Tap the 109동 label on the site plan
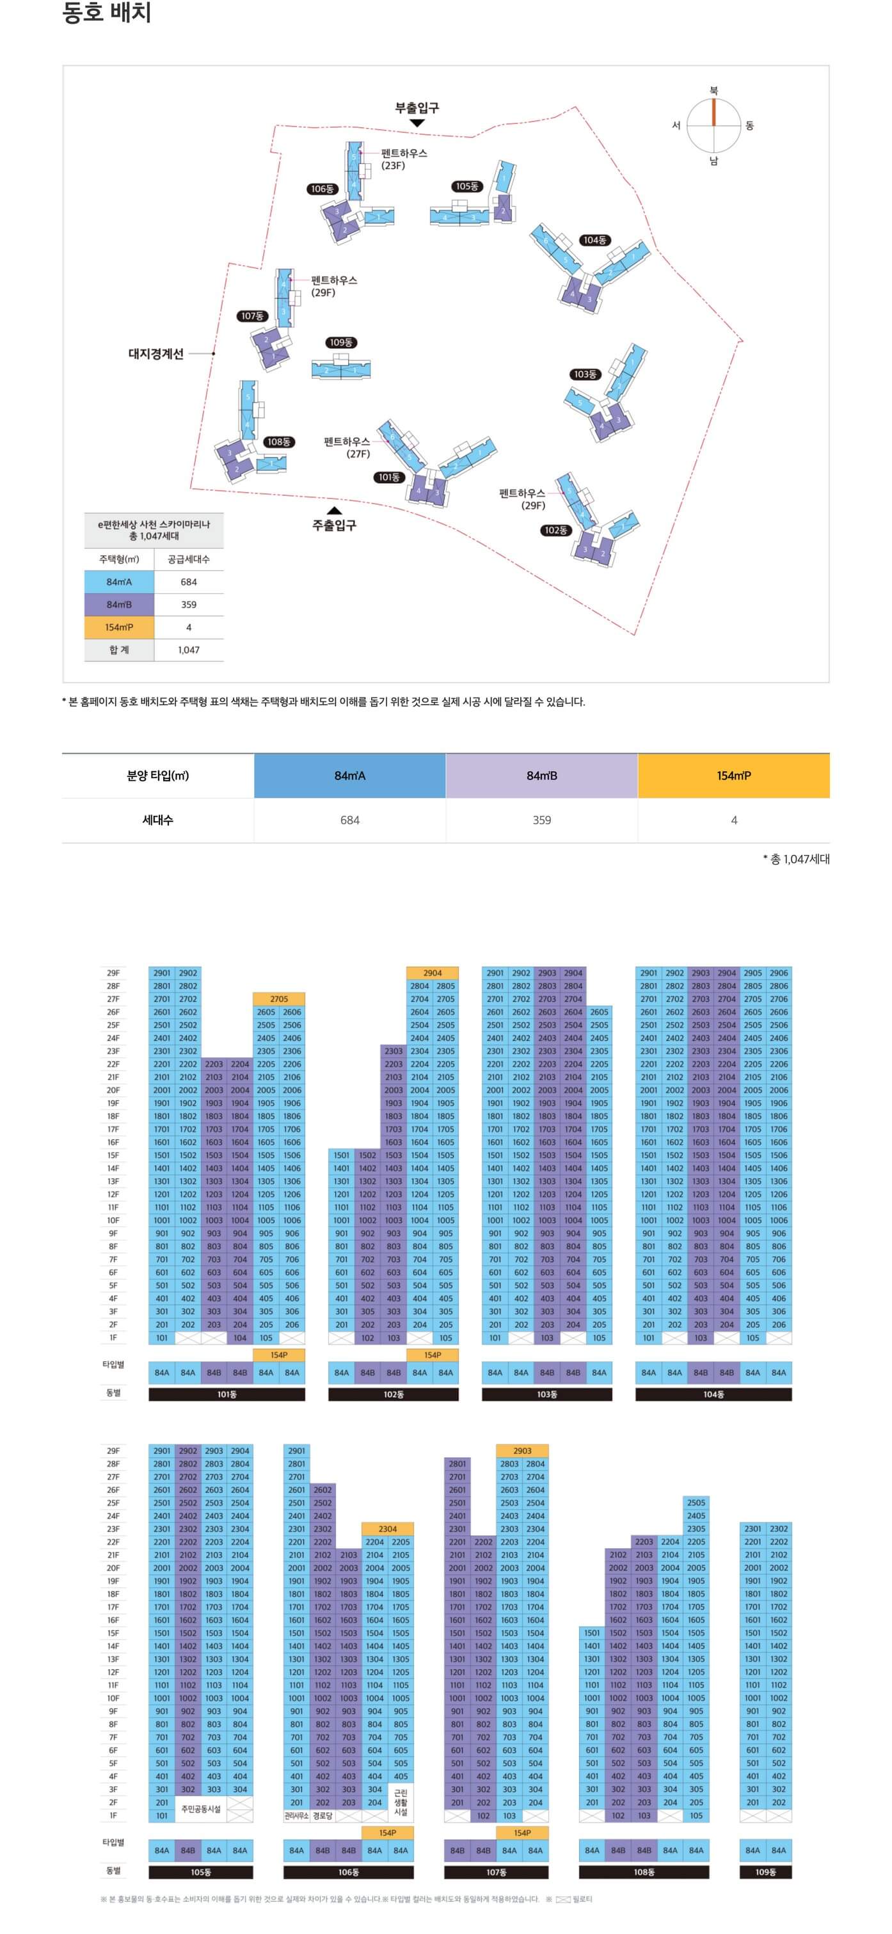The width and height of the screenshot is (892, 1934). (x=341, y=342)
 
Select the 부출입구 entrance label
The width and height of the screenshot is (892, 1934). (x=417, y=108)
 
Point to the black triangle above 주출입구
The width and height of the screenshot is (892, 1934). (x=335, y=511)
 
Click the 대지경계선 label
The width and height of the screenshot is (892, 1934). (x=156, y=354)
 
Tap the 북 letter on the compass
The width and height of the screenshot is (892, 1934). (x=713, y=90)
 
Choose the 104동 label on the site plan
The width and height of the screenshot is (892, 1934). (x=594, y=240)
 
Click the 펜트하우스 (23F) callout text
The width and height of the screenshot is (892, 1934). (x=404, y=159)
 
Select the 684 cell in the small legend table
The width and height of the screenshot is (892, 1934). (x=189, y=582)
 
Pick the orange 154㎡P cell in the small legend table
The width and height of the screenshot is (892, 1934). (x=120, y=627)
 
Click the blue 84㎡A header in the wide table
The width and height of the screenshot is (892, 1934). (x=350, y=776)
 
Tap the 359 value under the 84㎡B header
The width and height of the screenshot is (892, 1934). (x=541, y=820)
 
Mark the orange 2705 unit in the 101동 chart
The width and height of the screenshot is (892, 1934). (x=278, y=998)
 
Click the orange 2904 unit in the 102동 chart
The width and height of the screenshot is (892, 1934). (x=433, y=973)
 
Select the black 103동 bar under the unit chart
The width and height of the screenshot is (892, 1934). (x=546, y=1395)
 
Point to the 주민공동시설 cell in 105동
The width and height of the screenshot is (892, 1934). (x=200, y=1809)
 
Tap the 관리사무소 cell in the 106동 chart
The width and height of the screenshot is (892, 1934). (x=296, y=1816)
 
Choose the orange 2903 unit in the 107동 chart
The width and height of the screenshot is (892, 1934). (x=522, y=1450)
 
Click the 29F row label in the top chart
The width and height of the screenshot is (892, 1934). (x=113, y=973)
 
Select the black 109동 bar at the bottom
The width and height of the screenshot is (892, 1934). (x=765, y=1872)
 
